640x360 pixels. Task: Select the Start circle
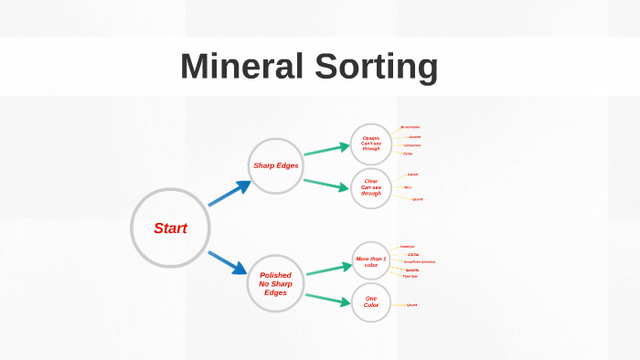(170, 228)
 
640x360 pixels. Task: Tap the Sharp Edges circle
(275, 165)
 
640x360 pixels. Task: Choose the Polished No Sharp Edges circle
(275, 282)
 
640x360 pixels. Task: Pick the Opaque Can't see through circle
(371, 143)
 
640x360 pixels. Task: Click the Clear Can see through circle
(371, 187)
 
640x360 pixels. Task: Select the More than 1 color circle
(371, 262)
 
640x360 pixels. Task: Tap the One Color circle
(371, 302)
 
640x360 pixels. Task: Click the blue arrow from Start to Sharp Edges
(229, 193)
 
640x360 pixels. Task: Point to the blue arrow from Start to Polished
(228, 262)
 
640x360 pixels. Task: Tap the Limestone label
(412, 145)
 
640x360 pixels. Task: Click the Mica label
(408, 187)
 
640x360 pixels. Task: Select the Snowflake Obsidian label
(420, 262)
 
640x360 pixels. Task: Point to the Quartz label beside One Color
(411, 305)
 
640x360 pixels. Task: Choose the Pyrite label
(408, 154)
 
